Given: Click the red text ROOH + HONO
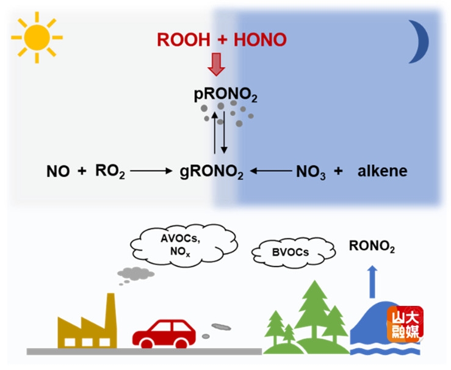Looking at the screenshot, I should (222, 41).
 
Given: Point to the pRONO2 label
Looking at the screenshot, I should (222, 95).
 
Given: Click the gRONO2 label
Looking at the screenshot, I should (211, 173).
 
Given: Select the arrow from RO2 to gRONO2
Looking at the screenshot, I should (152, 172).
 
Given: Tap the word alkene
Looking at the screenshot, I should (380, 172).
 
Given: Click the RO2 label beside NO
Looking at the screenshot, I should (110, 172).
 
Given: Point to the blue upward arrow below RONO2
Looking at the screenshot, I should (372, 278).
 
